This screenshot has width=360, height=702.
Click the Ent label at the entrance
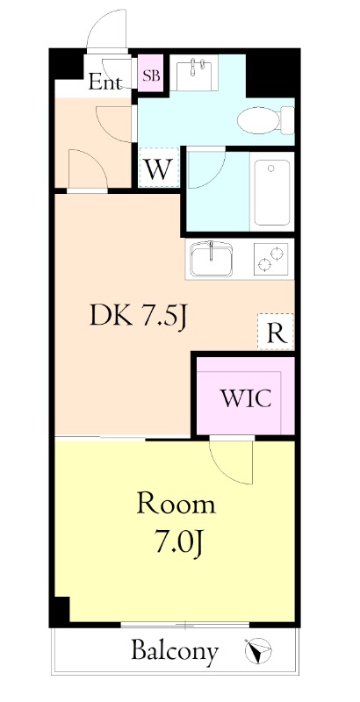tap(104, 82)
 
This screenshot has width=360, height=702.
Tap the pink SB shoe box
tap(151, 73)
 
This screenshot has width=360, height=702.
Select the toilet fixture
tap(266, 120)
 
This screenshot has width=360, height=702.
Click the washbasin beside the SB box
tap(194, 73)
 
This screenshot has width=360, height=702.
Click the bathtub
tap(272, 192)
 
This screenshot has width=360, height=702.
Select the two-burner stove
tap(271, 259)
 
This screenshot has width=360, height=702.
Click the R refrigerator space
tap(276, 332)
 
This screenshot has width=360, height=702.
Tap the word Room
tap(176, 504)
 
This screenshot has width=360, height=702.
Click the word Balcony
tap(175, 651)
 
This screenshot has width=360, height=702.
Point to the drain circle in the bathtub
tap(271, 168)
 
